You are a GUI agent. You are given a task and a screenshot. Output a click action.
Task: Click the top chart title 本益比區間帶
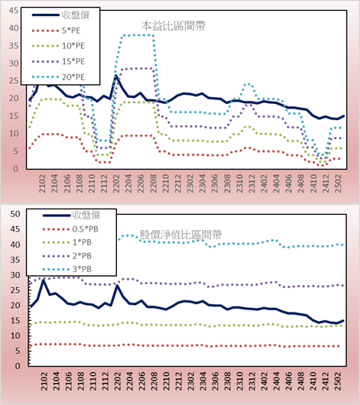pos(174,26)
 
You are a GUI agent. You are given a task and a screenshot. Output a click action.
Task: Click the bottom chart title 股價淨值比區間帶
pos(180,235)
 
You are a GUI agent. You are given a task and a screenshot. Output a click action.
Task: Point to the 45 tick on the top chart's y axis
pos(14,11)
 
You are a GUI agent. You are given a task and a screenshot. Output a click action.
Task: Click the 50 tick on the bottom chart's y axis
pos(15,214)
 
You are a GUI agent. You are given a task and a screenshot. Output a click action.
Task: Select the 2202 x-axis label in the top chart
pos(116,183)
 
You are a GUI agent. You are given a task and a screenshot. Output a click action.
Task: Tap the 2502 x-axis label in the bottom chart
pos(338,381)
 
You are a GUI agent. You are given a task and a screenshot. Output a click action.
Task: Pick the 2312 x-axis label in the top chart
pos(251,183)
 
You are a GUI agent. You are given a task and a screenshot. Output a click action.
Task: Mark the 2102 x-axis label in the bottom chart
pos(44,381)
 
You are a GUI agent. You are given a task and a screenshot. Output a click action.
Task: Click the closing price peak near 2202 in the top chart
pos(116,76)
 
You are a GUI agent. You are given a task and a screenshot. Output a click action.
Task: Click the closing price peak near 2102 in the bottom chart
pos(44,280)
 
